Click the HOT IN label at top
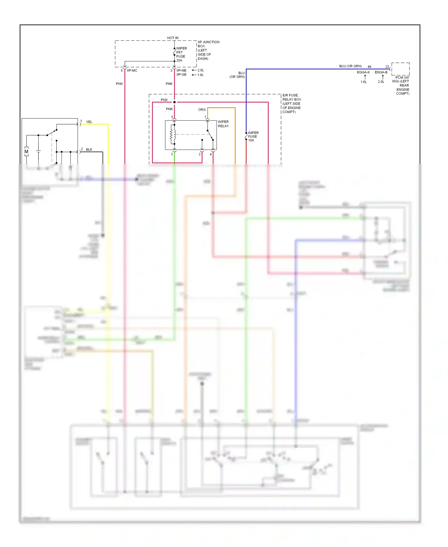coord(173,38)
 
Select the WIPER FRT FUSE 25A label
coord(181,54)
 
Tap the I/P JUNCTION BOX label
coord(208,50)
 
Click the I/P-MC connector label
coord(132,71)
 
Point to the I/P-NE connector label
coord(181,71)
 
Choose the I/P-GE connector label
coord(181,75)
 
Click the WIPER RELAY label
coord(223,124)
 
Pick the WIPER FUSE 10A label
coord(253,136)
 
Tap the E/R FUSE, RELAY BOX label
coord(291,104)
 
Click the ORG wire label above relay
coord(202,110)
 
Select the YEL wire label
coord(89,122)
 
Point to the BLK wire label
coord(89,150)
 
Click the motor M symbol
coord(26,152)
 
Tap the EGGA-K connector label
coord(363,72)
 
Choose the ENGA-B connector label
coord(381,72)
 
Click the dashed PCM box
coord(400,69)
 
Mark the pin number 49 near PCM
coord(369,67)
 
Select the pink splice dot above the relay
coord(174,102)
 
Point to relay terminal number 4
coord(211,154)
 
